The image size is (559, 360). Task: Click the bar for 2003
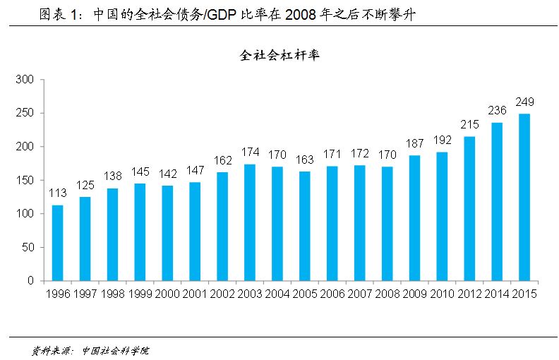[x=250, y=222]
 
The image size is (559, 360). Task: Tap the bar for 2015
[x=524, y=198]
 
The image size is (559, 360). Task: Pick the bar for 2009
[x=414, y=218]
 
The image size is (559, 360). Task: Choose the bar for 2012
[x=469, y=209]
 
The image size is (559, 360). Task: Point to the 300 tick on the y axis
[x=25, y=80]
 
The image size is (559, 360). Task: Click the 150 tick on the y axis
[x=25, y=181]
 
